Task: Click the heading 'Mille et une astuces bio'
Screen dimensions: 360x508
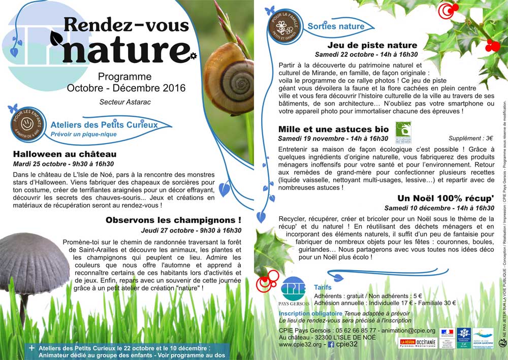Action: tap(333, 129)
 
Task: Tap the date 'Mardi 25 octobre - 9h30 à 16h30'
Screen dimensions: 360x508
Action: tap(63, 164)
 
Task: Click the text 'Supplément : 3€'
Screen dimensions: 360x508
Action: tap(471, 138)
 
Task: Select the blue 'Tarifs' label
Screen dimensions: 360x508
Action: tap(323, 287)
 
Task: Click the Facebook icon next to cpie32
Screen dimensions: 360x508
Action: tap(331, 344)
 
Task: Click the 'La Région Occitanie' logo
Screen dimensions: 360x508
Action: tap(417, 343)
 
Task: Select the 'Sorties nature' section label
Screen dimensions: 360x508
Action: tap(336, 26)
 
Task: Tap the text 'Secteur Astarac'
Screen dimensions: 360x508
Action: tap(125, 102)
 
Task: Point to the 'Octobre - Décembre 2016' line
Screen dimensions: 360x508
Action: tap(125, 88)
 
